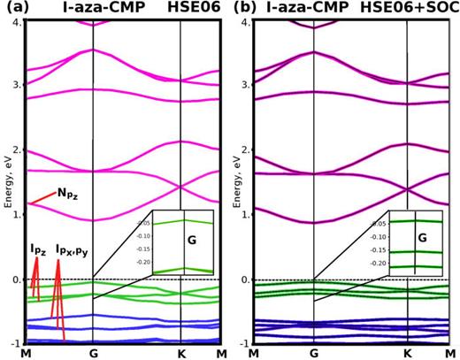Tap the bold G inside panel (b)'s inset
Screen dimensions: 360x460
421,239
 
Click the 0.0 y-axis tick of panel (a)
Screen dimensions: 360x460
13,280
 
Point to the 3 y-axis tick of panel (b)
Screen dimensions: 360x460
239,85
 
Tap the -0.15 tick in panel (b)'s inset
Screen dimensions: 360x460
375,251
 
